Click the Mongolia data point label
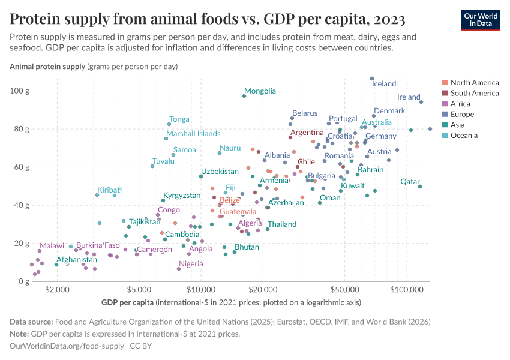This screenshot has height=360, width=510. [x=260, y=91]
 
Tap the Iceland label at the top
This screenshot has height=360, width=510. [x=384, y=84]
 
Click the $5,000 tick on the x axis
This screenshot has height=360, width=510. [x=139, y=290]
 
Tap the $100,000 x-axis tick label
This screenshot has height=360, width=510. [x=407, y=290]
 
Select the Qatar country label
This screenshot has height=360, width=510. [x=410, y=182]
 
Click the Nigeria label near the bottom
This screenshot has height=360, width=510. [x=191, y=264]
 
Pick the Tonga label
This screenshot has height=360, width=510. [x=179, y=119]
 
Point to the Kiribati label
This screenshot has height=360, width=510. [x=109, y=190]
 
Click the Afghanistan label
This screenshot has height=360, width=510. [x=77, y=260]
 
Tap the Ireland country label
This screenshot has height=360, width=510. [x=409, y=97]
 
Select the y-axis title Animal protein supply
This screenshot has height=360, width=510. [x=47, y=67]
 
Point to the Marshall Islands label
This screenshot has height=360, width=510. [x=193, y=134]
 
